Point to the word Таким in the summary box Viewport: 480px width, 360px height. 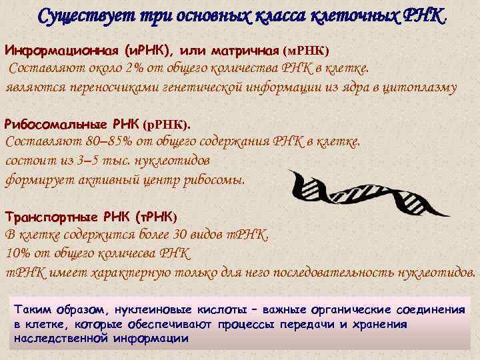[x=30, y=310]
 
